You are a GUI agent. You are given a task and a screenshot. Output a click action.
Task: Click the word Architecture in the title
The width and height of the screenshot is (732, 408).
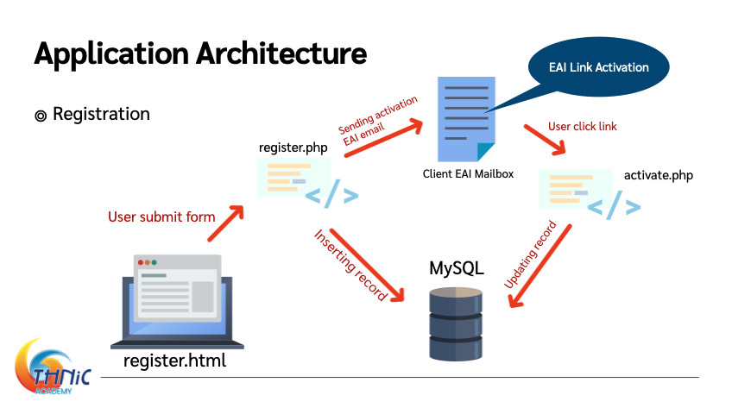point(281,53)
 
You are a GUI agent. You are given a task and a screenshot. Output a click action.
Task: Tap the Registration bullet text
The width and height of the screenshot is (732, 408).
point(101,114)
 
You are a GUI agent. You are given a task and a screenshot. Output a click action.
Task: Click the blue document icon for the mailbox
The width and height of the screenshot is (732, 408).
point(466,119)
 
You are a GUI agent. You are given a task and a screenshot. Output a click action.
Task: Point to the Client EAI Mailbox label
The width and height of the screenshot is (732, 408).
point(468,174)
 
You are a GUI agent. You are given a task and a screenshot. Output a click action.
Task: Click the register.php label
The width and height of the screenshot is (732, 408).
point(293,148)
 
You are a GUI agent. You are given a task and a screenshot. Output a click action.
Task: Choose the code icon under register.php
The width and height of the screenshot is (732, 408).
point(307,183)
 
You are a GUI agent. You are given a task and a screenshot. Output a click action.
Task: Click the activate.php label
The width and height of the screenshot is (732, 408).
point(659,176)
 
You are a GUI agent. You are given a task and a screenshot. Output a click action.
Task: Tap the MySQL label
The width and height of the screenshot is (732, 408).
point(456,268)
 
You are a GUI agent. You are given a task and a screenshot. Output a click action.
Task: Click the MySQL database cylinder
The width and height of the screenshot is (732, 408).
point(456,323)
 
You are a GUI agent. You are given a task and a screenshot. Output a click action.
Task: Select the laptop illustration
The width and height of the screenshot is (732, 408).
point(178,302)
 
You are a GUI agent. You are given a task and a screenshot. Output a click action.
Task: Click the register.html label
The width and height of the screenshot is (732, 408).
point(174,361)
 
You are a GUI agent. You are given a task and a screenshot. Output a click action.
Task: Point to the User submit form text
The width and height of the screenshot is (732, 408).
point(161,217)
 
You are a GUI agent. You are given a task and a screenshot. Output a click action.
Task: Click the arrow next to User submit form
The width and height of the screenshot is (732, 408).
point(226,223)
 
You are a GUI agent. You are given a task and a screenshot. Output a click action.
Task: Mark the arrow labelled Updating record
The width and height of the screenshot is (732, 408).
point(540,267)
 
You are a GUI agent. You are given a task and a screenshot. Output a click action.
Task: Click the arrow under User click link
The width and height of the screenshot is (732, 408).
point(545,140)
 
